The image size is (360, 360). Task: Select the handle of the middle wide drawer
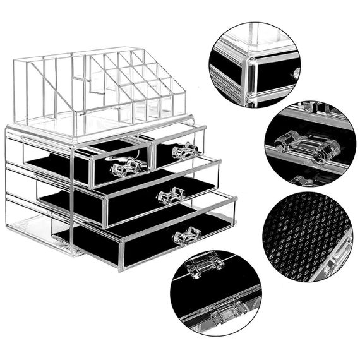click(171, 195)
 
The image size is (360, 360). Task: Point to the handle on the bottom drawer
click(188, 236)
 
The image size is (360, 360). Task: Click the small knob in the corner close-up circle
click(295, 74)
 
